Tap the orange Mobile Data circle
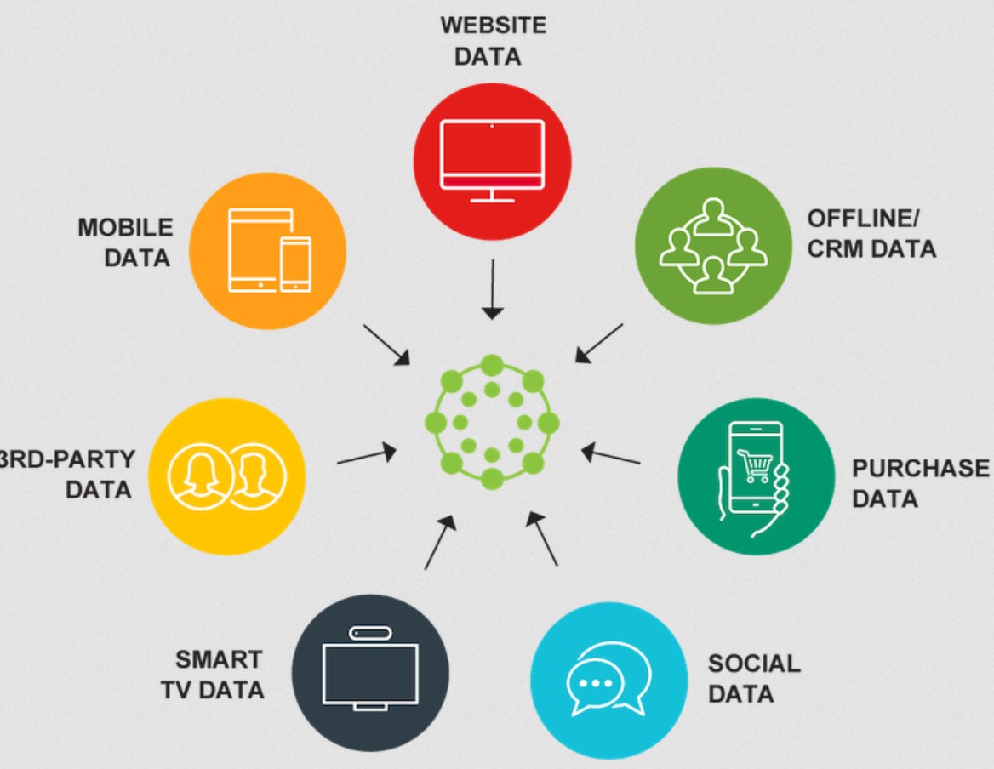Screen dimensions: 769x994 tap(266, 251)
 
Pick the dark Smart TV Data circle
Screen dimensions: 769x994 tap(369, 672)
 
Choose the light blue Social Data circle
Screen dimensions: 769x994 tap(608, 676)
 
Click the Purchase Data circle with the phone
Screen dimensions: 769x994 tap(756, 476)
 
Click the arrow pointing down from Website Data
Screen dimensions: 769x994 tap(492, 289)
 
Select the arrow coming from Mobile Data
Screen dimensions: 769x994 tap(386, 345)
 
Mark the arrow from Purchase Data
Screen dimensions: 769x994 tap(610, 456)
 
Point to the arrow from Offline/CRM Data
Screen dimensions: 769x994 tap(599, 342)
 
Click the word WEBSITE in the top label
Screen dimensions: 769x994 tap(493, 25)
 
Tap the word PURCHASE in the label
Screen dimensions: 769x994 tap(921, 469)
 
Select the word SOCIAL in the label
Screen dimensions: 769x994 tap(754, 664)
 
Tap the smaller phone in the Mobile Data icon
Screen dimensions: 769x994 tap(296, 264)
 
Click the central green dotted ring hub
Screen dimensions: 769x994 tap(492, 422)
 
